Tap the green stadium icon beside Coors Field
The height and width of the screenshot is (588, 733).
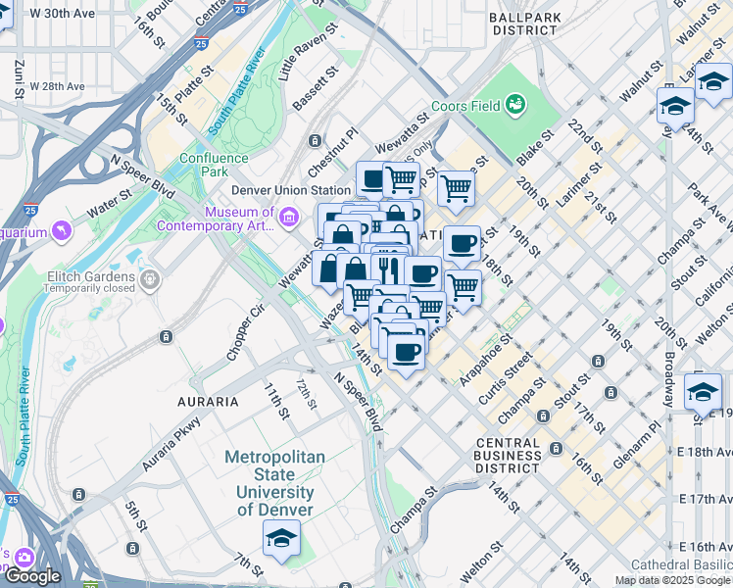click(x=514, y=104)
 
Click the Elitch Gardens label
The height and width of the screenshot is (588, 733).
click(x=91, y=276)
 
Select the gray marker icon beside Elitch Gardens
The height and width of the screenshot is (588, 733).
click(x=150, y=281)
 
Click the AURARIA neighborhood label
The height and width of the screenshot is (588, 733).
click(x=208, y=402)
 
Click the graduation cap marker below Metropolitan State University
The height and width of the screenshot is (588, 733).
click(x=281, y=539)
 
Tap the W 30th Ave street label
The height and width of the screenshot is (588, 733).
click(x=63, y=14)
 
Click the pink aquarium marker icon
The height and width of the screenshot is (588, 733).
click(x=63, y=231)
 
